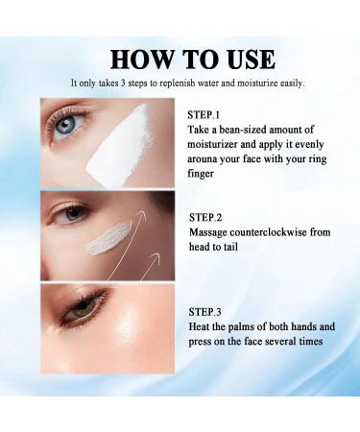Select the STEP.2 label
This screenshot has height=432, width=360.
[208, 218]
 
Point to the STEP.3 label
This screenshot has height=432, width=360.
[207, 311]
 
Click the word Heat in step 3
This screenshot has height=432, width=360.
[201, 326]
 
